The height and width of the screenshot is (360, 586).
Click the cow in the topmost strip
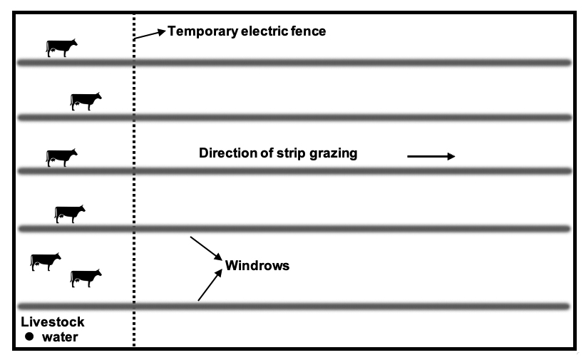[62, 48]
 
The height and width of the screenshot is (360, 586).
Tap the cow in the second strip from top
[86, 101]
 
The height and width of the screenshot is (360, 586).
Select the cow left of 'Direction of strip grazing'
[62, 158]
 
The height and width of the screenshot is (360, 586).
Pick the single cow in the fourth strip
[70, 213]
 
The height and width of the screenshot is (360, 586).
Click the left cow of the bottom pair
[46, 261]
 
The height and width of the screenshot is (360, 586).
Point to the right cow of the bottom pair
[86, 277]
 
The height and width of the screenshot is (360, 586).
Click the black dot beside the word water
[30, 336]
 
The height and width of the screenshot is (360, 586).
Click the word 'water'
[60, 336]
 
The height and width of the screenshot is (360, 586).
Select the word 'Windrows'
[257, 266]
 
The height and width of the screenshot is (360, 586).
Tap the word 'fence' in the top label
[308, 31]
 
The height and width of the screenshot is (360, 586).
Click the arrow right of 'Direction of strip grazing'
[431, 157]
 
